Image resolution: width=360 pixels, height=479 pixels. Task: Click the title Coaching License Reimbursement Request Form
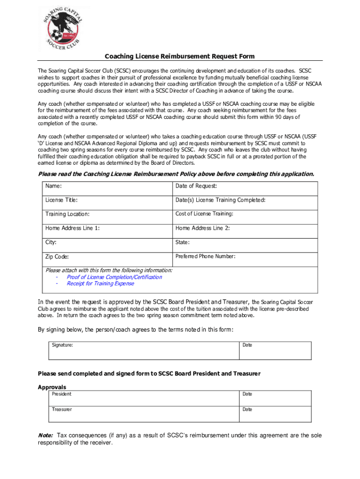point(180,57)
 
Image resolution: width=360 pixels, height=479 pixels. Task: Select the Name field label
point(53,186)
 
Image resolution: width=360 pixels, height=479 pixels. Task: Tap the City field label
point(51,242)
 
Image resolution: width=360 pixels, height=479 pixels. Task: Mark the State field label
point(182,242)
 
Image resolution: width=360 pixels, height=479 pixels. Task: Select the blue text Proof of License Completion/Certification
point(114,277)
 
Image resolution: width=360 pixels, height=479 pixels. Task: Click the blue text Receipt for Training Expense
point(100,283)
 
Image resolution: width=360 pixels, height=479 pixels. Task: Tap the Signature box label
point(62,345)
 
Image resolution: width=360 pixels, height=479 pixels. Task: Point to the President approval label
point(62,394)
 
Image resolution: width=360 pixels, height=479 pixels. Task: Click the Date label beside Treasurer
point(247,409)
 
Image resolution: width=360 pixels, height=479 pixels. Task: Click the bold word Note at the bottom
point(45,435)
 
